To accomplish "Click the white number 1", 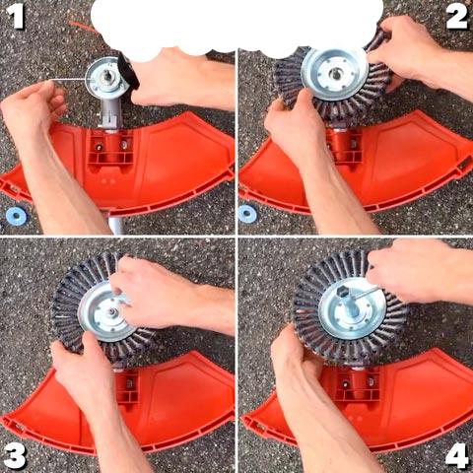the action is [15, 17].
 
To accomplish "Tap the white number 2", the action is [456, 17].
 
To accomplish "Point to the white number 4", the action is [457, 455].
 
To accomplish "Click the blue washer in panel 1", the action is [16, 216].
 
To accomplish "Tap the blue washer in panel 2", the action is [247, 214].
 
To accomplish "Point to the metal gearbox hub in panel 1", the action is [105, 79].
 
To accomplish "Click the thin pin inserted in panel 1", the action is [70, 79].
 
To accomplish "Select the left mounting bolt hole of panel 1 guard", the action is [99, 147].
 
